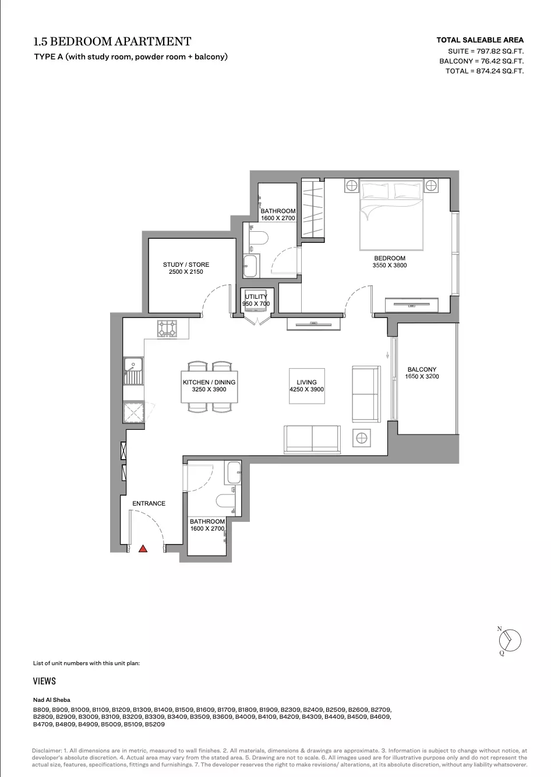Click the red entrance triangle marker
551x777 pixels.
coord(143,549)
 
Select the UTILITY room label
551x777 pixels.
coord(256,296)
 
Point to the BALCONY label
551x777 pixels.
coord(422,369)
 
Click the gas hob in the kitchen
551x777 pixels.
coord(167,329)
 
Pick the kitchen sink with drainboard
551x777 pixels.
coord(133,371)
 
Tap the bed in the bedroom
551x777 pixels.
coord(391,214)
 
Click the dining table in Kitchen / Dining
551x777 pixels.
coord(209,387)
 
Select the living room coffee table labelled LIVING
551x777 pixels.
coord(307,386)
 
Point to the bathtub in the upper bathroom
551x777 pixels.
coord(251,266)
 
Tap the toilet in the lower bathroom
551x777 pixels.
coord(225,501)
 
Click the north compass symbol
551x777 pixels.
coord(510,640)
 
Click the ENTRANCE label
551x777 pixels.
coord(149,503)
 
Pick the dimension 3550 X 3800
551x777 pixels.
coord(390,266)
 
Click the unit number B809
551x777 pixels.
coord(41,710)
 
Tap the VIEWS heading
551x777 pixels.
coord(44,681)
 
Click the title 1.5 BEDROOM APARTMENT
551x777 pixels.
coord(112,41)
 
